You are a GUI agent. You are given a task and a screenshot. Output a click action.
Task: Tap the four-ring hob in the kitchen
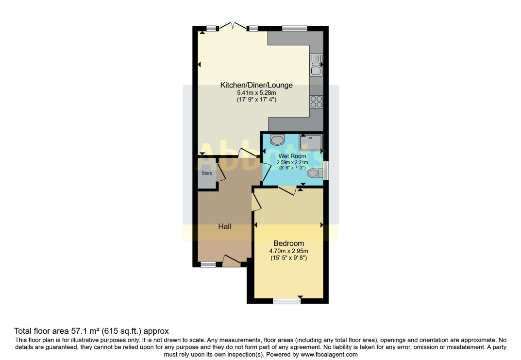point(316,102)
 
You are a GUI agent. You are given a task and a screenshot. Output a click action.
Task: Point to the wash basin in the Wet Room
point(277,140)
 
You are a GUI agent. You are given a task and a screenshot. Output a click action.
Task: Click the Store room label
point(207,173)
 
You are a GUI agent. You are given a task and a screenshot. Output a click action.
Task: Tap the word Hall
point(224,226)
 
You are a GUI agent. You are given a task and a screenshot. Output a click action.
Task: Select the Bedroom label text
point(288,243)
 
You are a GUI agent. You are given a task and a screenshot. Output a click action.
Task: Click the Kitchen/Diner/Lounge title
point(256,85)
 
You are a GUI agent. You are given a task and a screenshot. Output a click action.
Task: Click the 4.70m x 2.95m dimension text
point(288,251)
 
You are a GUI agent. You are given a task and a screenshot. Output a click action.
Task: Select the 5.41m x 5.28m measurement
point(256,93)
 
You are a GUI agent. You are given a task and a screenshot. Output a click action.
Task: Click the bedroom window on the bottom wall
point(286,301)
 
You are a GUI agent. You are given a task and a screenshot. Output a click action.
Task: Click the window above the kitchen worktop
point(294,28)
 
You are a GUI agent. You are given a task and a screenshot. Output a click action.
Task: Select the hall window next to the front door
point(208,265)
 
